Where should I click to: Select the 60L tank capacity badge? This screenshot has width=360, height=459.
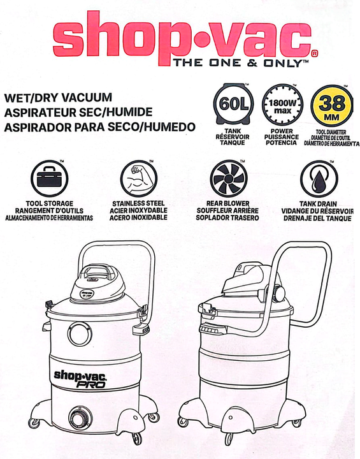click(233, 105)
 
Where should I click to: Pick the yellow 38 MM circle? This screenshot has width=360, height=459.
click(332, 105)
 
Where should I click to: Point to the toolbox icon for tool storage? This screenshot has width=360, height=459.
click(50, 178)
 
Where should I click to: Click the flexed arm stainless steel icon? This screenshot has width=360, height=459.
click(139, 178)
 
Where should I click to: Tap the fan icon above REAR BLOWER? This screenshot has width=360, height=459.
click(229, 178)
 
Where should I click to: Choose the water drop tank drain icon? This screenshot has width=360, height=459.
click(319, 179)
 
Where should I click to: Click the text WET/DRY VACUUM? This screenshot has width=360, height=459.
click(58, 98)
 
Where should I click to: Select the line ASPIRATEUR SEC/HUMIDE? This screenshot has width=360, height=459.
click(78, 112)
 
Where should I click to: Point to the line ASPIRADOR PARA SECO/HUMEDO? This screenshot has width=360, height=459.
click(100, 127)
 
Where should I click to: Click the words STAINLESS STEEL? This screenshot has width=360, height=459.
click(138, 203)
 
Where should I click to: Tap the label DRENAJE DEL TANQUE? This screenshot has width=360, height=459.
click(317, 219)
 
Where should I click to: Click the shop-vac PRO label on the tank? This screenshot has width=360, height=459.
click(80, 379)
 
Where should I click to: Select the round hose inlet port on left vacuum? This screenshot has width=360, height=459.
click(80, 334)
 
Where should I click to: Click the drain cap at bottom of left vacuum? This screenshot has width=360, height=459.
click(80, 417)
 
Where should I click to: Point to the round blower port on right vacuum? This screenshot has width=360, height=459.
click(278, 294)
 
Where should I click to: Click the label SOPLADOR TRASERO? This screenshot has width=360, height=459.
click(227, 218)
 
